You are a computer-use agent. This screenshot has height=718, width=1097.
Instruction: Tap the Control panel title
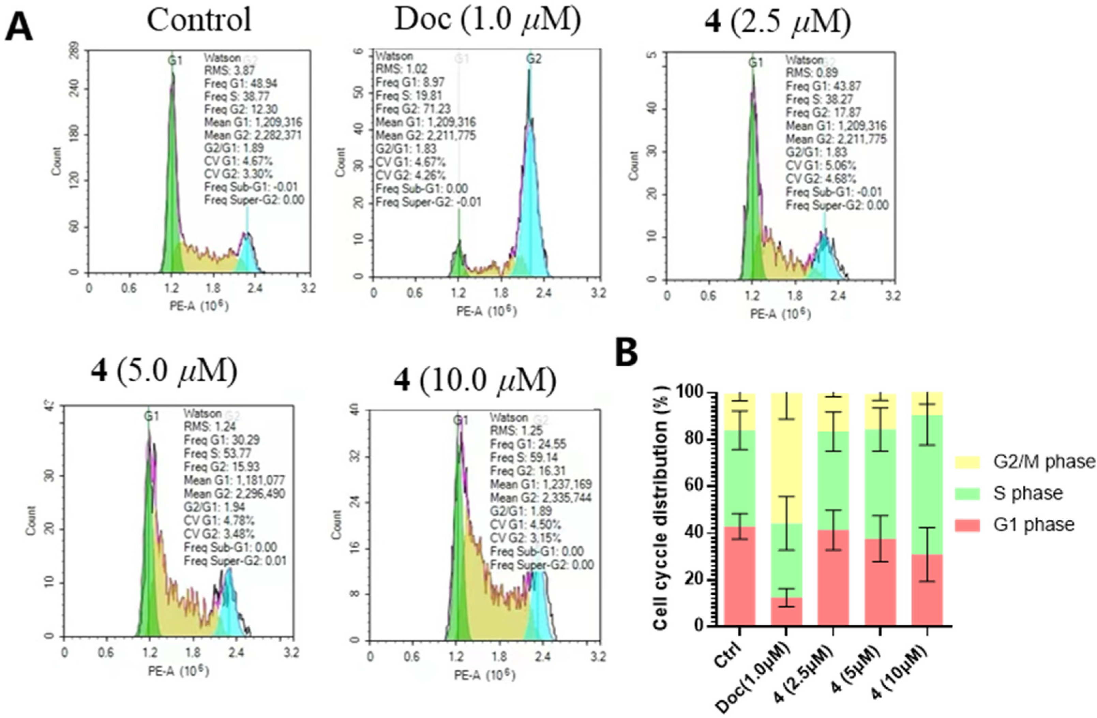[x=199, y=20]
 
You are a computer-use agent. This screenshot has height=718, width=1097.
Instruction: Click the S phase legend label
[x=1028, y=493]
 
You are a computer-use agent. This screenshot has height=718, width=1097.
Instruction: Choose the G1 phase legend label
[x=1033, y=525]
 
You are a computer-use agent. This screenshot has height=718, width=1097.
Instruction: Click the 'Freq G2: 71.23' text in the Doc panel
[x=413, y=109]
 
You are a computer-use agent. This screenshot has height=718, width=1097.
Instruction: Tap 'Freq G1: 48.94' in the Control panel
[x=241, y=83]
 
